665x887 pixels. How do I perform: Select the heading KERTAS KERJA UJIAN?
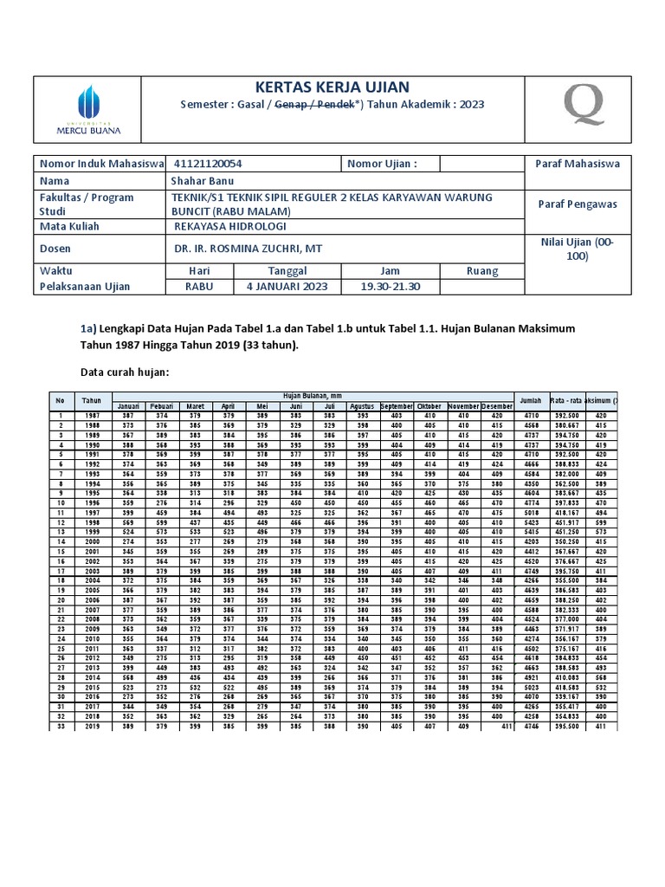point(332,87)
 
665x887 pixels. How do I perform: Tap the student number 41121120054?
point(208,164)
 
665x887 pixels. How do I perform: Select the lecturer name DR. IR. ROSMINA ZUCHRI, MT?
point(248,248)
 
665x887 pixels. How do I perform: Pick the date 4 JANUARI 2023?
point(287,287)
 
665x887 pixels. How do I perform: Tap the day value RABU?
point(199,287)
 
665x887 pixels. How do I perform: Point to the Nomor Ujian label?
point(382,164)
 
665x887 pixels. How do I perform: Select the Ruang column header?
point(482,270)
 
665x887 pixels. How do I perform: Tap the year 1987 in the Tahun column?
point(91,416)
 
